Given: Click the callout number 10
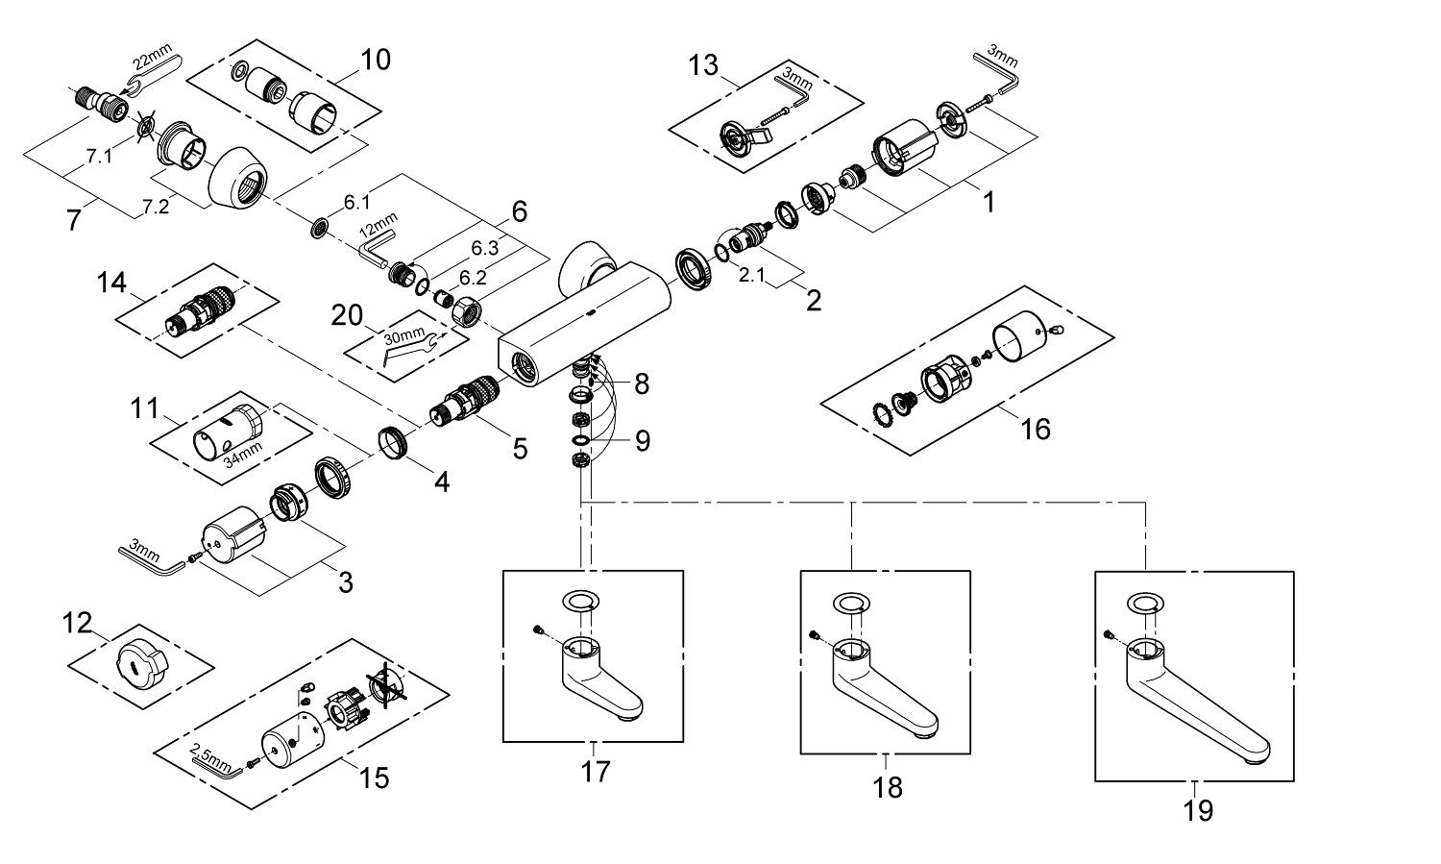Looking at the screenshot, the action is point(375,60).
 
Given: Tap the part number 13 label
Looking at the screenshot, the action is point(703,65).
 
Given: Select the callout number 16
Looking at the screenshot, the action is point(1036,429).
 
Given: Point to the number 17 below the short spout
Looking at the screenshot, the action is point(595,772).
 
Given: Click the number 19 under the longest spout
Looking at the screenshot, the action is point(1198,810).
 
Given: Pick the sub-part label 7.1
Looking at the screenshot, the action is point(99,157).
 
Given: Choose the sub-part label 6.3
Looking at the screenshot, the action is point(484,248).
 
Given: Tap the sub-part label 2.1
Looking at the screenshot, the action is point(750,276).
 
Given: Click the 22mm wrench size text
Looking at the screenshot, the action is point(152,57).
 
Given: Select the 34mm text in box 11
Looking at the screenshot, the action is point(243,454).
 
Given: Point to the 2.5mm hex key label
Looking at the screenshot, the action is point(209,756).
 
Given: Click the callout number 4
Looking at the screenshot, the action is point(441,481).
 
